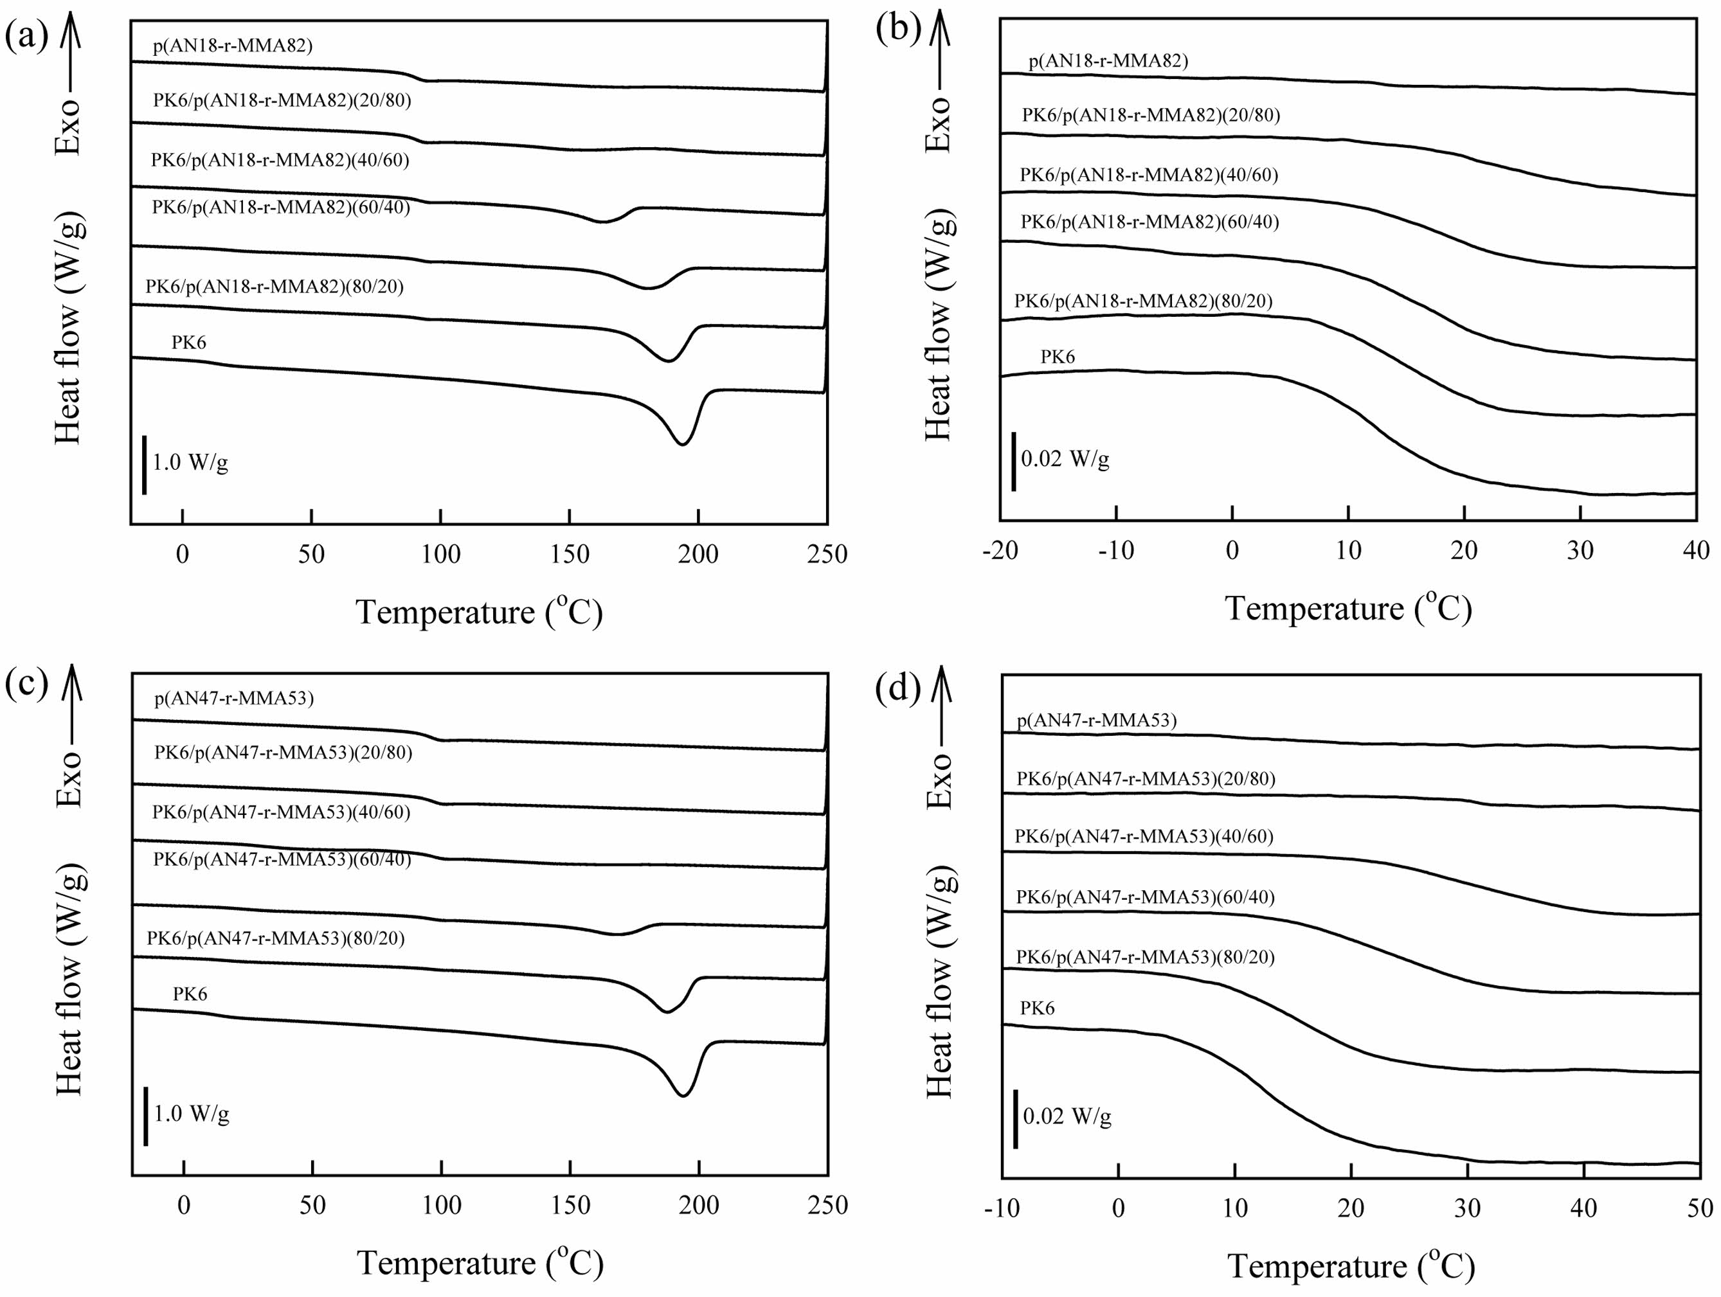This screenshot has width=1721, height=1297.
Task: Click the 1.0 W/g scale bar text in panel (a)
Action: [190, 463]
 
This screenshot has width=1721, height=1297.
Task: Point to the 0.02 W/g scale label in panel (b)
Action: [1065, 459]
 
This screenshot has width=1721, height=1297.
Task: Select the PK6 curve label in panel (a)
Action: [189, 343]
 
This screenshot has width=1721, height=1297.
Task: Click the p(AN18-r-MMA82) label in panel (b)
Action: [1108, 60]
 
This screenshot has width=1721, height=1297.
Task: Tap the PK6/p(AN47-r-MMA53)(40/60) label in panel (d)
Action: [1144, 836]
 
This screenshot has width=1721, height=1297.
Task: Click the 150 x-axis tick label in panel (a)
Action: [570, 554]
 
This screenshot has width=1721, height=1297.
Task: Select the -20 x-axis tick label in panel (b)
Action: [1000, 551]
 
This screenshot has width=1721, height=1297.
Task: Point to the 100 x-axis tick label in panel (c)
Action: [441, 1205]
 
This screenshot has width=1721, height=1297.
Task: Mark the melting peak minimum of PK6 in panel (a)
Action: [682, 443]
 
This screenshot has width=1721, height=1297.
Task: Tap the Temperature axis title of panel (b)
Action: [1348, 609]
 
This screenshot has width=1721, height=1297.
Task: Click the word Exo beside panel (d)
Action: [940, 781]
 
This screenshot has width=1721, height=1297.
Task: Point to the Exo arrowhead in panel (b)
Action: [941, 22]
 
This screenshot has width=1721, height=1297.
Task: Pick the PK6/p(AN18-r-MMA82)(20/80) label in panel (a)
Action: [282, 100]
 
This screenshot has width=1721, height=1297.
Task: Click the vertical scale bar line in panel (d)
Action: [1015, 1119]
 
